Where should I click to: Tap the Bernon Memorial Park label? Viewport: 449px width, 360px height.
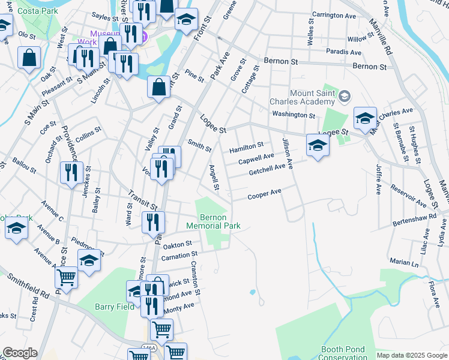click(213, 221)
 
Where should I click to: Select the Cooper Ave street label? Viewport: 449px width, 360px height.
click(265, 194)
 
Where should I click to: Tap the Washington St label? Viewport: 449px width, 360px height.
click(293, 114)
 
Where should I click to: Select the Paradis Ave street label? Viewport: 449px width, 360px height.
click(343, 52)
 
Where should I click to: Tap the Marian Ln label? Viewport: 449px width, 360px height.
click(403, 262)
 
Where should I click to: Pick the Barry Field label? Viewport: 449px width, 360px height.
click(114, 307)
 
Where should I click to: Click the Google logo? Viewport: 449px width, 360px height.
click(19, 353)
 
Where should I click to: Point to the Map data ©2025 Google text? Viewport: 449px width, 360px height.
click(411, 355)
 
